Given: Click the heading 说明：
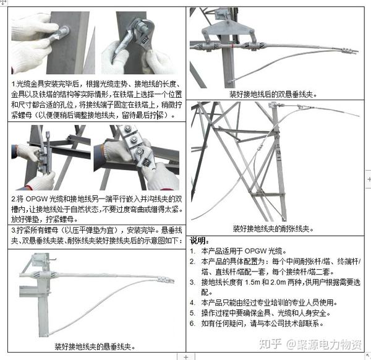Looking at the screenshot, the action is tap(200, 240).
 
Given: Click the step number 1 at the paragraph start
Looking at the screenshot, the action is tap(14, 83).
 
